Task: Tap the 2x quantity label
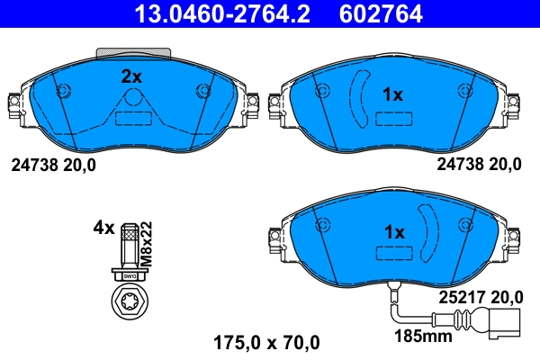coord(132,77)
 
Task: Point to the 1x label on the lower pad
coord(394,232)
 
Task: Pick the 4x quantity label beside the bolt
coord(103,228)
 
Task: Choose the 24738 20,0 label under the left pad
coord(52,165)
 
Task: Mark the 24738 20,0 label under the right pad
coord(479,165)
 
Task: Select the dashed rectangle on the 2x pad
coord(132,116)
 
